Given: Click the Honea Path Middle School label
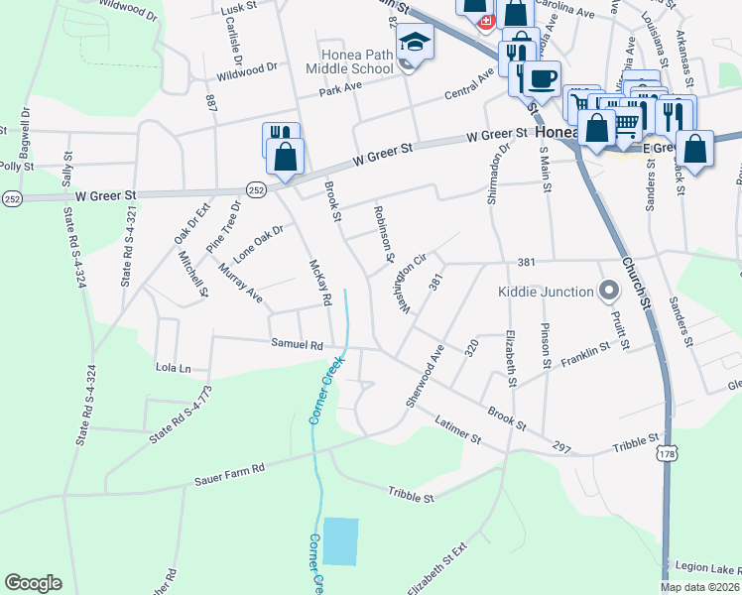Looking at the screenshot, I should coord(356,61).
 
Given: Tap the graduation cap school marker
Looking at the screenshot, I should coord(414,45).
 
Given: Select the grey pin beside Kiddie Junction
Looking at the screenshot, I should coord(609,291).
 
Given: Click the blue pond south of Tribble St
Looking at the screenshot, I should coord(339,541).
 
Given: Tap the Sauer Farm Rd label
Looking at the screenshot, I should coord(230,467).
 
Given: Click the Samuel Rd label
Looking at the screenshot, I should coord(298,345).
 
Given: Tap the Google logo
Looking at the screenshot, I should coord(34,583).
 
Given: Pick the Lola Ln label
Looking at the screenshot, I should coord(173,368).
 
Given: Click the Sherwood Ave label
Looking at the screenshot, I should coord(424,376).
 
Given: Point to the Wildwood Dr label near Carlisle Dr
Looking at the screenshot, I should coord(247,71).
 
